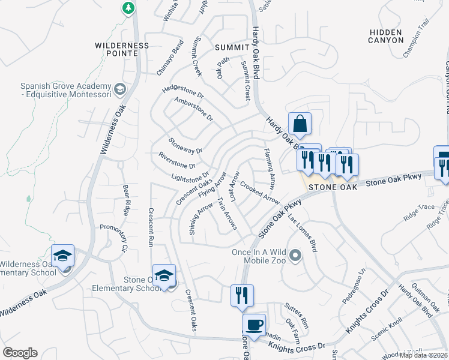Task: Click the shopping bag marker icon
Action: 300,124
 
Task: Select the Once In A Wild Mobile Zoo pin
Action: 294,257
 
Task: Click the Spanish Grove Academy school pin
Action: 120,90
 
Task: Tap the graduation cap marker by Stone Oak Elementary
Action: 164,275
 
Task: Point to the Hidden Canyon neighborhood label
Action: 387,35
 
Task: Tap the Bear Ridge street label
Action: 126,200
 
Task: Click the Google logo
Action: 20,353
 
